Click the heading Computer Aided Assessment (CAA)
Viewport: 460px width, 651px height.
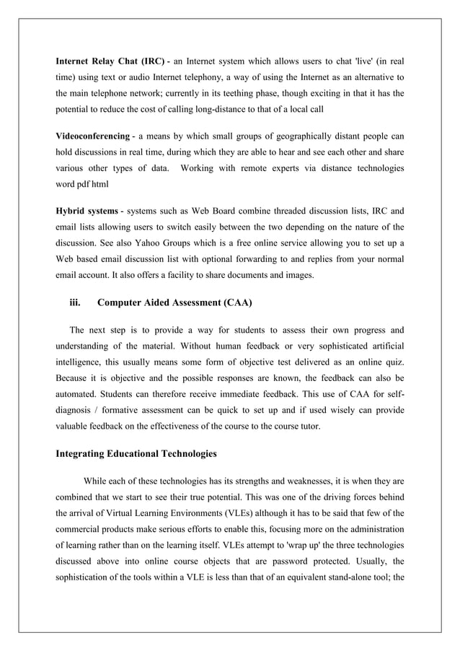click(x=174, y=302)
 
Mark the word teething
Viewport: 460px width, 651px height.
click(x=257, y=95)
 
